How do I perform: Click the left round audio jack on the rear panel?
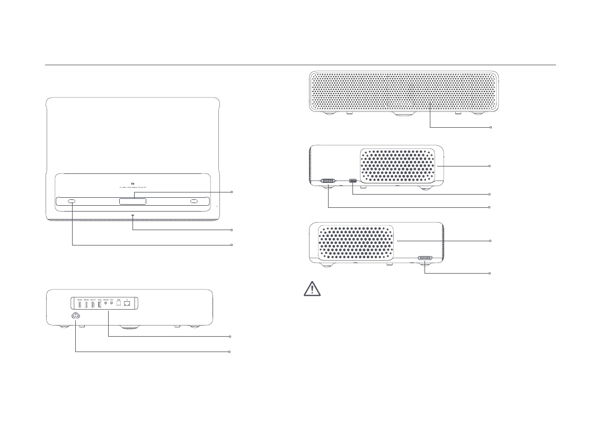click(x=105, y=304)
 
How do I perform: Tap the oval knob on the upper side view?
click(x=329, y=180)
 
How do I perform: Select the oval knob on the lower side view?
click(x=425, y=259)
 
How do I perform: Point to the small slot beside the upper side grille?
click(x=353, y=180)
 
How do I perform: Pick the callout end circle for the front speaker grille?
click(x=491, y=127)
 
